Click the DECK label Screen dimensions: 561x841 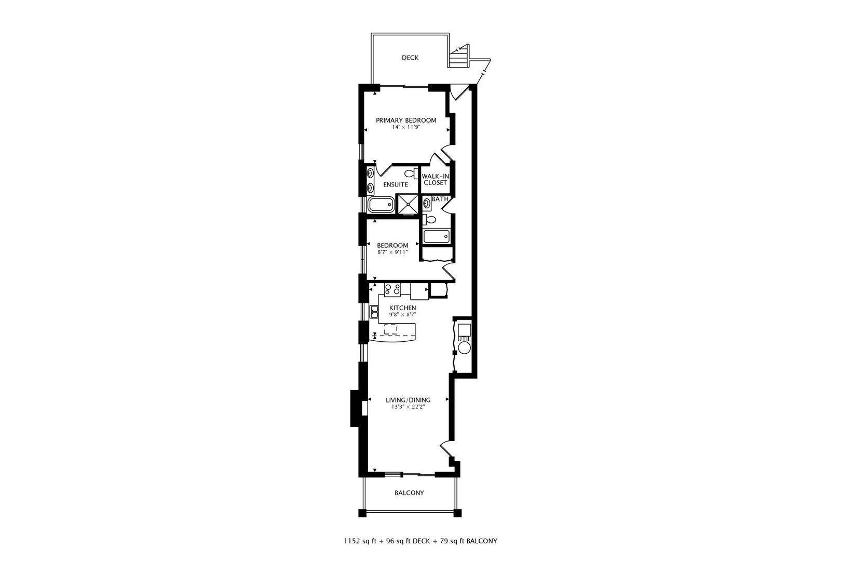(x=410, y=58)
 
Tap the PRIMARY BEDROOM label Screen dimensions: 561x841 (x=406, y=120)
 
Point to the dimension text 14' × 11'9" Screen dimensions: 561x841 (x=406, y=127)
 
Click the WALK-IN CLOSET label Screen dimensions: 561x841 (x=435, y=179)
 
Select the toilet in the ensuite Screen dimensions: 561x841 (x=412, y=173)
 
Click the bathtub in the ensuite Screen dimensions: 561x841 (x=381, y=205)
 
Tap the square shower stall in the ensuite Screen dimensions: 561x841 (x=408, y=204)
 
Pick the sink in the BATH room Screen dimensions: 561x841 (x=427, y=203)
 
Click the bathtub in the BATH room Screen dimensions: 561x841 (x=436, y=237)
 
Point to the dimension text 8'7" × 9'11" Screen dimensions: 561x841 (x=392, y=252)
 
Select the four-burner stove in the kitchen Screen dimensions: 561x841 (x=392, y=289)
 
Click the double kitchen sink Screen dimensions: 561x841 (x=374, y=312)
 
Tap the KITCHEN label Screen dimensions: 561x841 (x=402, y=308)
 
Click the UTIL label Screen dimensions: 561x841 (x=464, y=339)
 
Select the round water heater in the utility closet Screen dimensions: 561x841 (x=464, y=348)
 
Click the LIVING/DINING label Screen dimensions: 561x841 (x=408, y=400)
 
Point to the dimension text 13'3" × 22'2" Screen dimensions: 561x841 (x=408, y=407)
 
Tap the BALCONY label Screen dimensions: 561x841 (x=409, y=492)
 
